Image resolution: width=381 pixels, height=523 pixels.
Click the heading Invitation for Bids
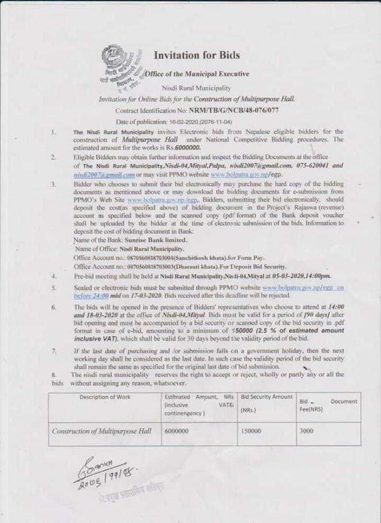click(197, 55)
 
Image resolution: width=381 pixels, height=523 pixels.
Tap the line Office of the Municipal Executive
click(197, 74)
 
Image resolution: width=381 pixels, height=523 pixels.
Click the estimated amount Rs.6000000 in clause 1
click(185, 147)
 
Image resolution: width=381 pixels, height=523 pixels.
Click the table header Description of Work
click(105, 397)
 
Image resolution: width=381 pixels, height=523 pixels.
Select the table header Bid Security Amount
click(266, 397)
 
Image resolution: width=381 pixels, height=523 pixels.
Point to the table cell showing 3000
click(307, 431)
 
